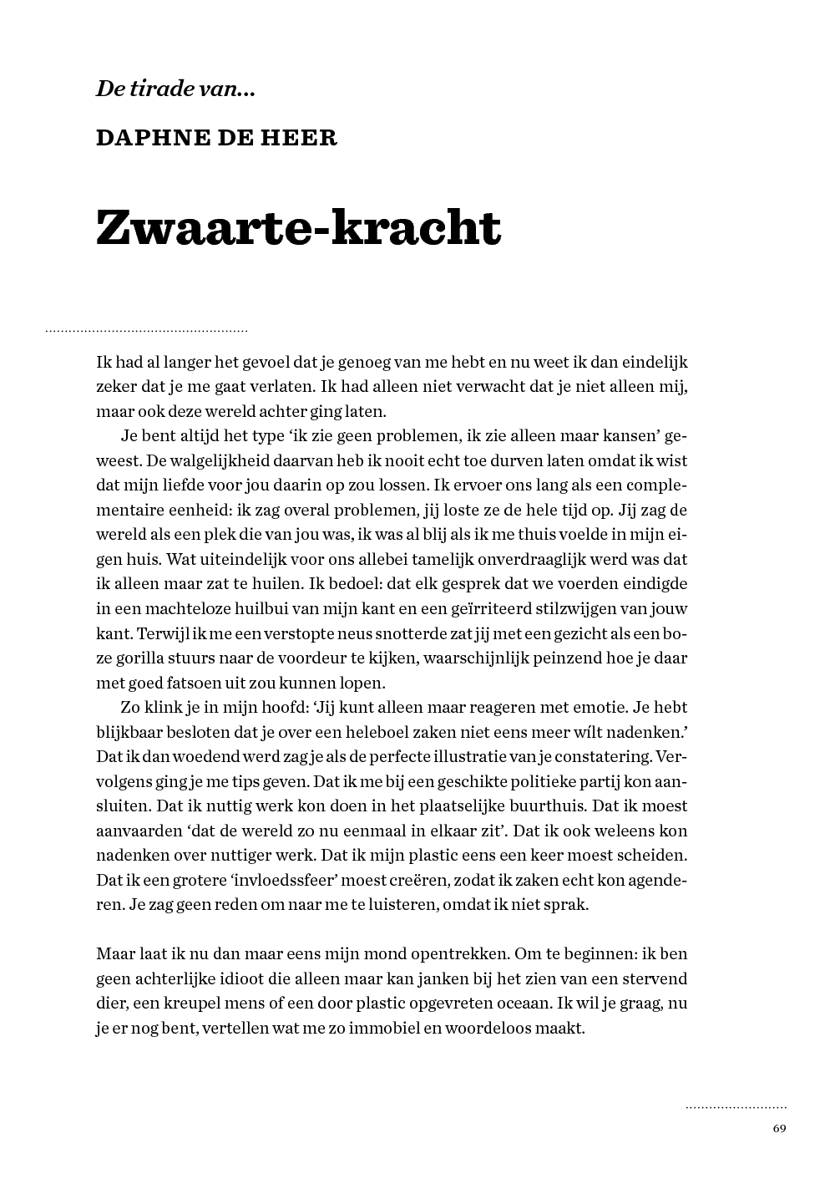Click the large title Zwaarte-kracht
coord(298,227)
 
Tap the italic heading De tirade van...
coord(175,89)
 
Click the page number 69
coord(779,1128)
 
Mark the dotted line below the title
coord(147,332)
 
